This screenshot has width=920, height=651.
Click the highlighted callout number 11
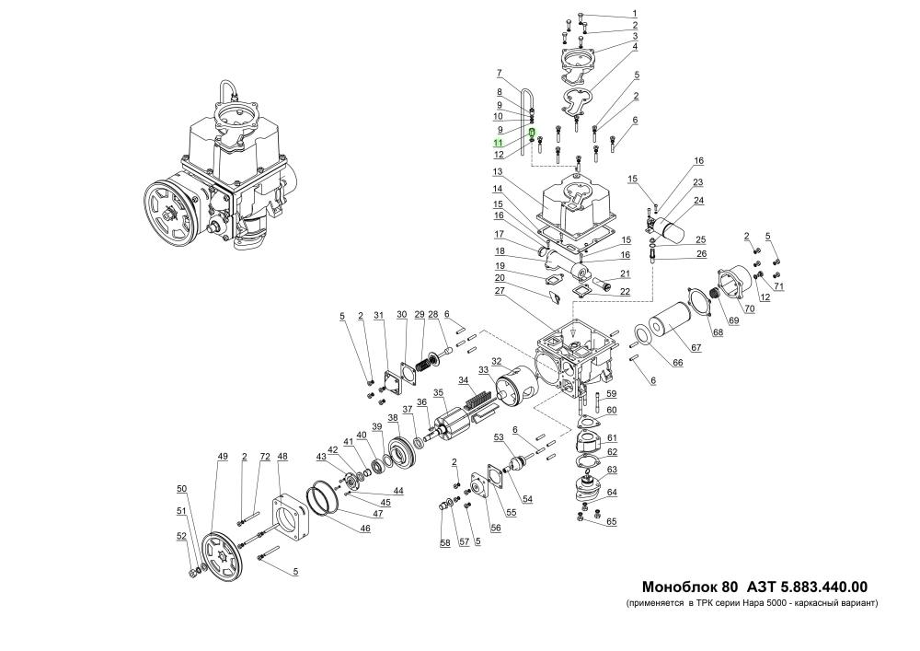(497, 143)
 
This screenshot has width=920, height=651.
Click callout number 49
(222, 457)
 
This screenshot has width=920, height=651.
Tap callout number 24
(698, 200)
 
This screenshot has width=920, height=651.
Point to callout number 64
(612, 492)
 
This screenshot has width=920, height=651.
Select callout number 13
(498, 172)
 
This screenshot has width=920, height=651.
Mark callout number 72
(265, 457)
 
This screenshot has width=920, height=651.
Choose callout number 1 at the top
(634, 13)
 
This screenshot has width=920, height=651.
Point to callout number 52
(182, 536)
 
